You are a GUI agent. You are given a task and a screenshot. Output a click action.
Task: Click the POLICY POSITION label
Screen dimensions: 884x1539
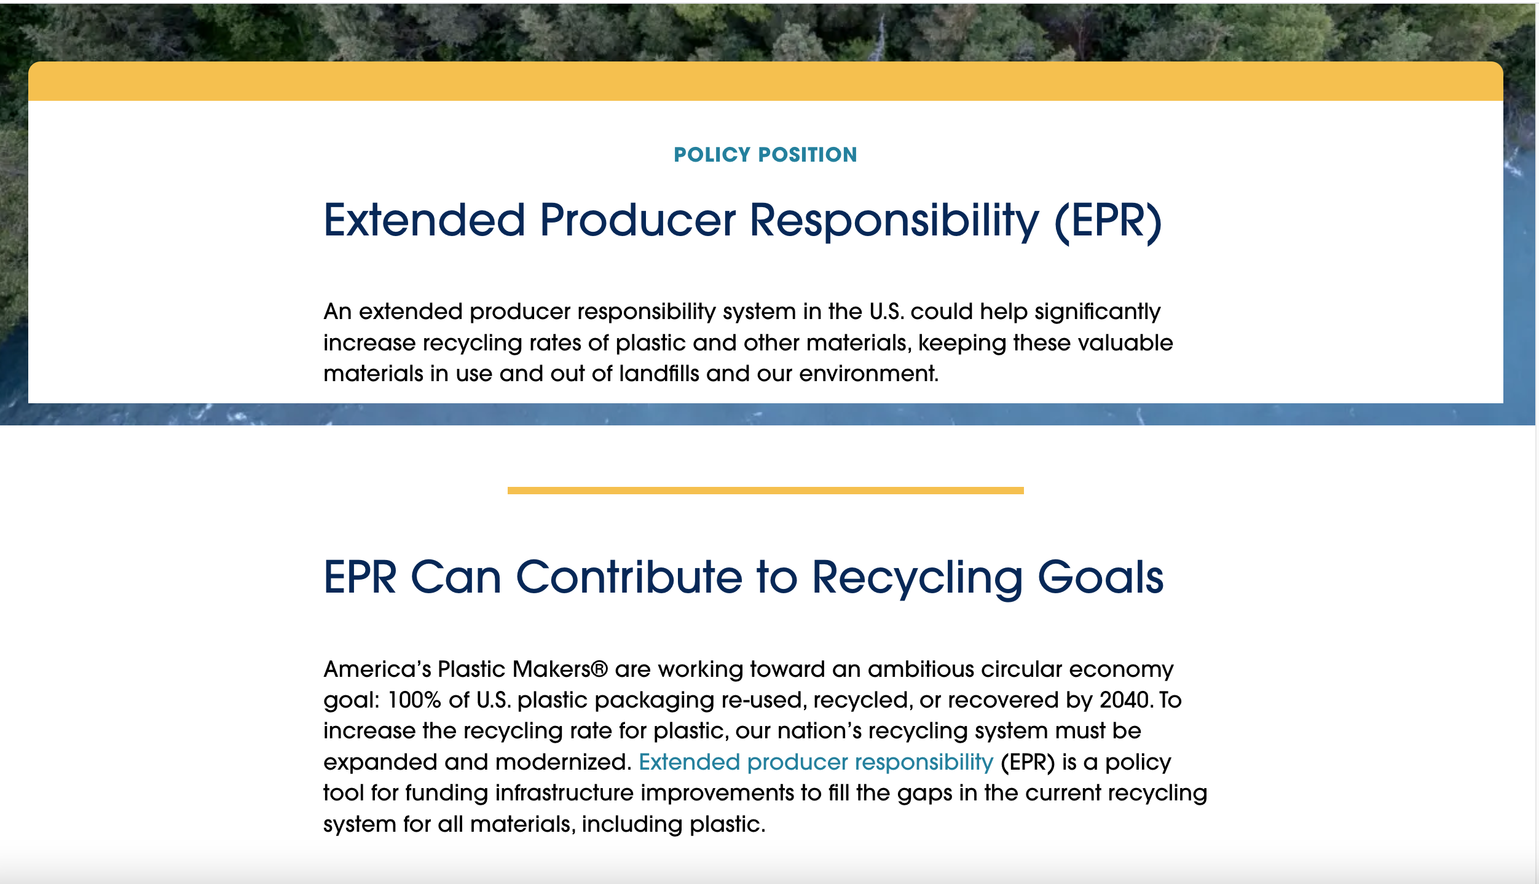(765, 155)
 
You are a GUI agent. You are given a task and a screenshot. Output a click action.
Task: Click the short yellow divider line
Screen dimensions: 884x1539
(765, 491)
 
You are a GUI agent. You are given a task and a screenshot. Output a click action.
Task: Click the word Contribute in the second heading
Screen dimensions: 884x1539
(629, 577)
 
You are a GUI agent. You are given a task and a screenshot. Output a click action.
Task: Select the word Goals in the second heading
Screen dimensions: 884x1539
(1100, 577)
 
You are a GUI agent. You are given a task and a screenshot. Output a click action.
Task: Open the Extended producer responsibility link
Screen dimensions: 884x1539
(816, 762)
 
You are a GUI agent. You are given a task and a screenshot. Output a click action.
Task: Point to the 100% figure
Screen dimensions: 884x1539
(414, 700)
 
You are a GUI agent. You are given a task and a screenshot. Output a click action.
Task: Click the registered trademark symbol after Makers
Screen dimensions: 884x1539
(599, 669)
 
